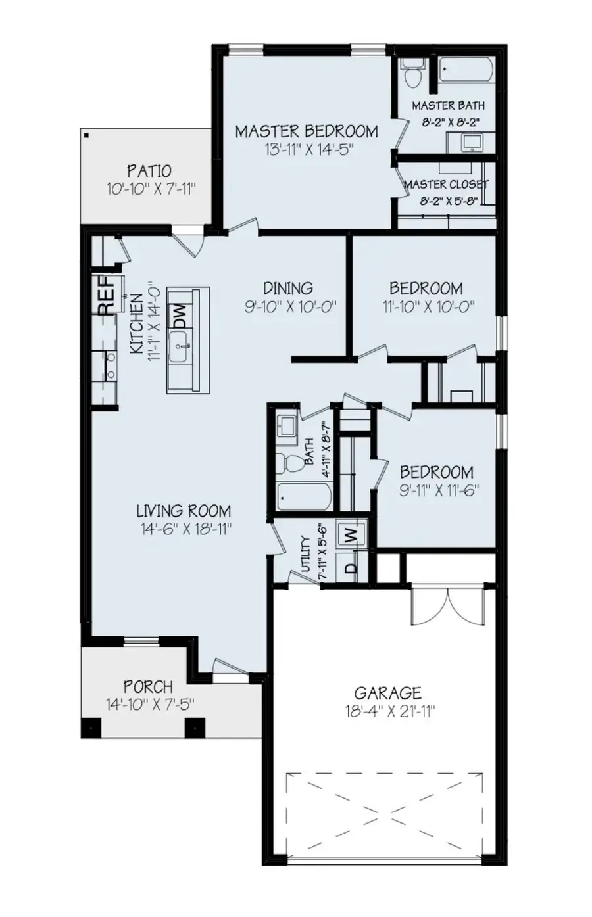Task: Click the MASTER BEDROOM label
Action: coord(307,131)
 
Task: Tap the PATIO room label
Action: coord(149,172)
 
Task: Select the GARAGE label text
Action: coord(387,693)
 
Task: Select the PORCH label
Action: coord(148,687)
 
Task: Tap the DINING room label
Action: coord(287,288)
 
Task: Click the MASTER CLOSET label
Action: coord(445,185)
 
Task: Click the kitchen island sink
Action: coord(180,346)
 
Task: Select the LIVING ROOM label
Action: coord(184,511)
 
